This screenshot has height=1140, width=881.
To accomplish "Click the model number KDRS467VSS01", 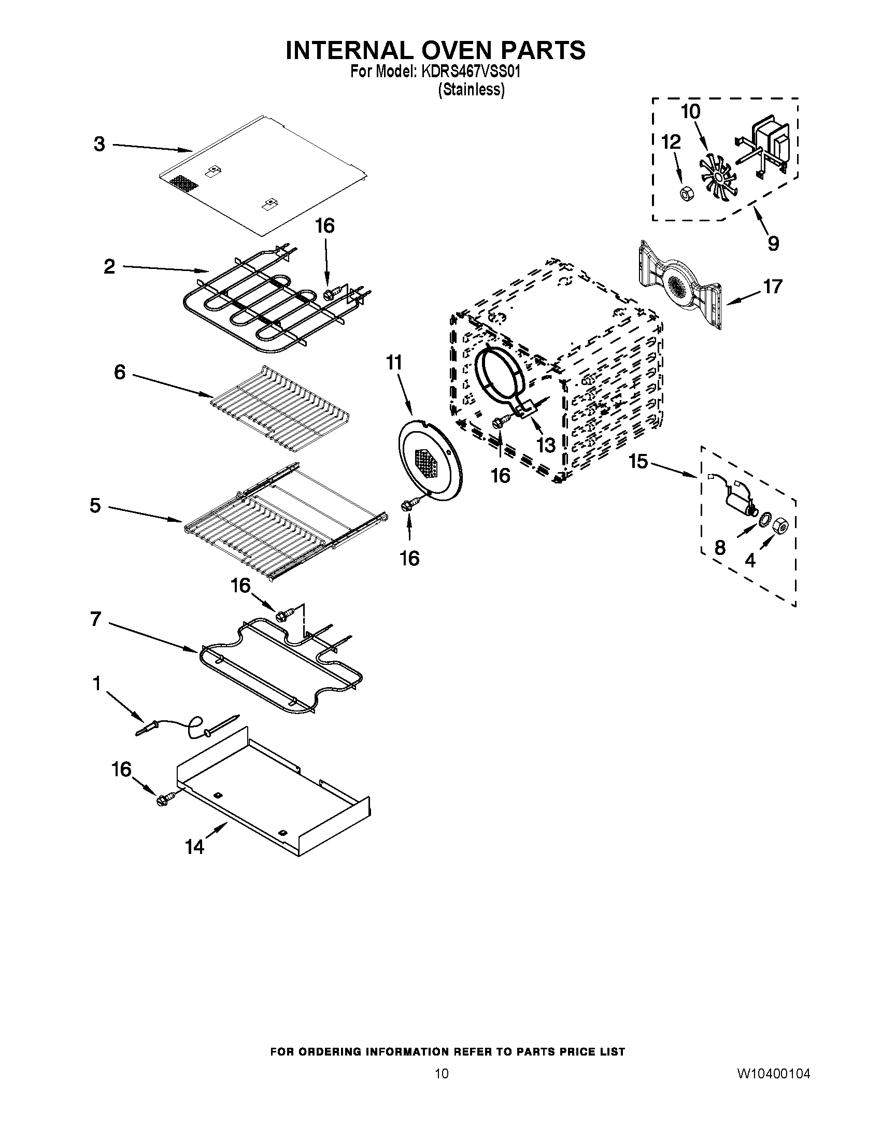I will [468, 72].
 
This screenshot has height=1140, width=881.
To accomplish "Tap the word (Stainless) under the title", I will [471, 90].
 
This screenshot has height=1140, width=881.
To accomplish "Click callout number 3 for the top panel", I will [99, 144].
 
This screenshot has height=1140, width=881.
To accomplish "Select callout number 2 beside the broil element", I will [109, 267].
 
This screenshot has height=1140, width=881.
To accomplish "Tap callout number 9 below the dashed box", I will [773, 243].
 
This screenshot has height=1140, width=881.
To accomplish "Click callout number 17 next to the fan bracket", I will [773, 287].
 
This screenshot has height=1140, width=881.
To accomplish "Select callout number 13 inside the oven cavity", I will [546, 445].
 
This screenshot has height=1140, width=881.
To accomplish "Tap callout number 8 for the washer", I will [720, 548].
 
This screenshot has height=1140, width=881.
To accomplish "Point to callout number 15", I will [638, 461].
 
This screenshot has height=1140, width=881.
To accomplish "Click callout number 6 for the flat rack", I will [120, 372].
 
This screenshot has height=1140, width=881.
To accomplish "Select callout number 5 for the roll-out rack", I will [95, 505].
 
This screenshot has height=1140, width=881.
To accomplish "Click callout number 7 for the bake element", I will [95, 619].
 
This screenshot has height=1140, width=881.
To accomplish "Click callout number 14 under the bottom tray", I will [194, 847].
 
